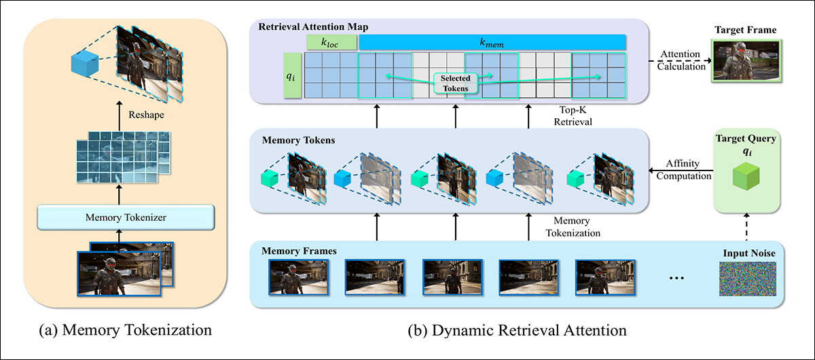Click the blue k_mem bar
pyautogui.click(x=492, y=41)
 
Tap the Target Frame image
pyautogui.click(x=746, y=61)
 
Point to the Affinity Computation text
pyautogui.click(x=681, y=170)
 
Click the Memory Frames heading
pyautogui.click(x=300, y=251)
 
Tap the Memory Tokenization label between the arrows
pyautogui.click(x=578, y=226)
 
